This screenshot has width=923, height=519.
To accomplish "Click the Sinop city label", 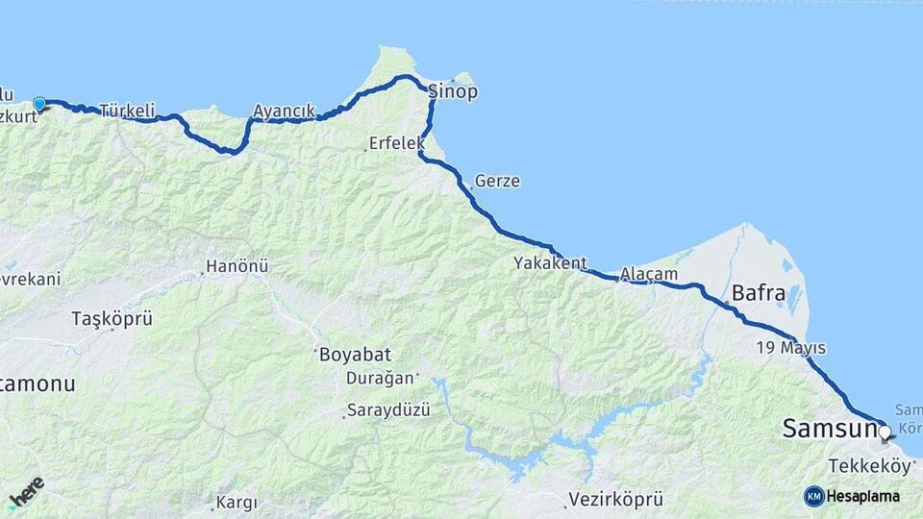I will pyautogui.click(x=452, y=92).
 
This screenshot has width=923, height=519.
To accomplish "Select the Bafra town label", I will pyautogui.click(x=759, y=292).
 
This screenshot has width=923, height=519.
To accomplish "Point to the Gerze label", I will pyautogui.click(x=497, y=181).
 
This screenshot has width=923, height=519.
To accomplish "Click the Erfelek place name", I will pyautogui.click(x=395, y=144).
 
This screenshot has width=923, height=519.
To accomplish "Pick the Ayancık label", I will pyautogui.click(x=284, y=111).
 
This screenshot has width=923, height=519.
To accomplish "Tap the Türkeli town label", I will pyautogui.click(x=126, y=111).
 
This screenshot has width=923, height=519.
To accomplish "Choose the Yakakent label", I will pyautogui.click(x=549, y=262).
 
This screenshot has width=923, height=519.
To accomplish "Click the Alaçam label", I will pyautogui.click(x=649, y=274).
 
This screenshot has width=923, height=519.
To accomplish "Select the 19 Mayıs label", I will pyautogui.click(x=791, y=347).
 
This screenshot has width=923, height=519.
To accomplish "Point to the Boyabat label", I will pyautogui.click(x=355, y=355).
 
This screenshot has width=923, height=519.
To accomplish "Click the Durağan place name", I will pyautogui.click(x=382, y=378).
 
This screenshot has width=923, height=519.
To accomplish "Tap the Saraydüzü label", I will pyautogui.click(x=387, y=410).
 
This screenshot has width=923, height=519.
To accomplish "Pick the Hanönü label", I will pyautogui.click(x=237, y=266).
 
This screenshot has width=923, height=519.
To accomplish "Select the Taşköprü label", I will pyautogui.click(x=112, y=319).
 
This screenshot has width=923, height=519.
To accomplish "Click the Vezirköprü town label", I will pyautogui.click(x=615, y=500).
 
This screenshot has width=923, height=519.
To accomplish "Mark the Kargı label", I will pyautogui.click(x=237, y=502).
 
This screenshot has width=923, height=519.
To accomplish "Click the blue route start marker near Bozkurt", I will pyautogui.click(x=39, y=104).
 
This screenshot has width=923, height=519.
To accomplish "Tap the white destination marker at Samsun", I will pyautogui.click(x=885, y=432).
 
